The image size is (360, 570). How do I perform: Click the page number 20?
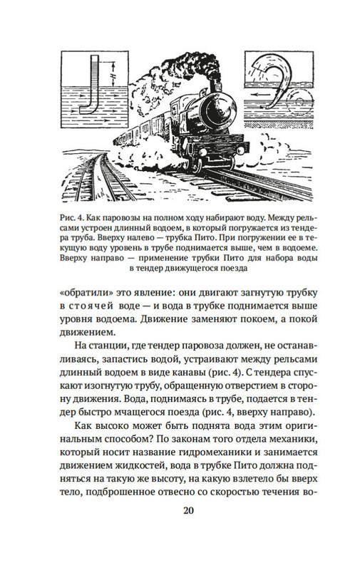pos(180,530)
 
